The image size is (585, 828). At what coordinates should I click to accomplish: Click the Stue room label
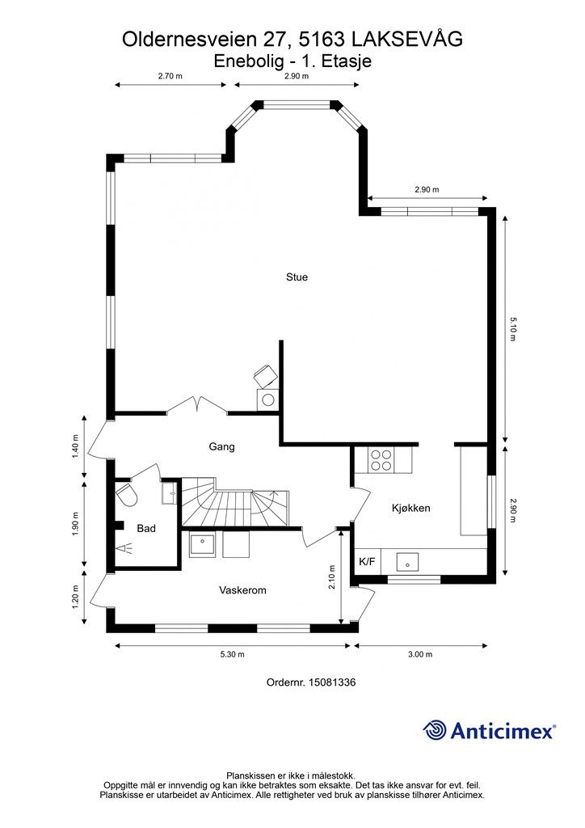tap(297, 277)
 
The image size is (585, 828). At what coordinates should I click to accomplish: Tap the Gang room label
tap(221, 446)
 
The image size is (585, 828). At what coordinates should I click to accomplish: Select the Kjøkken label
tap(411, 508)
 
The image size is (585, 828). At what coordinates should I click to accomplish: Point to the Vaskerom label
tap(242, 590)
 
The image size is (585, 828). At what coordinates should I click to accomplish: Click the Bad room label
tap(146, 528)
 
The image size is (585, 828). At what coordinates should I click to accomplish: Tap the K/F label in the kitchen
tap(367, 561)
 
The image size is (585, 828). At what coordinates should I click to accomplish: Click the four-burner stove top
tap(381, 459)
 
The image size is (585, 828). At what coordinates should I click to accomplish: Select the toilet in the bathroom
tap(127, 494)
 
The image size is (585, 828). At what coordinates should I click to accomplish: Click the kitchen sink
tap(407, 562)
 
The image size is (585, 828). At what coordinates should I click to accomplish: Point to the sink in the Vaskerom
tap(202, 544)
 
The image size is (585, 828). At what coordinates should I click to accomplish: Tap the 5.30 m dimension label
tap(232, 654)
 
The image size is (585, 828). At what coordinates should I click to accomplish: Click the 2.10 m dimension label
tap(332, 577)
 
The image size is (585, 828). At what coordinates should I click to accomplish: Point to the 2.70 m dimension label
tap(170, 75)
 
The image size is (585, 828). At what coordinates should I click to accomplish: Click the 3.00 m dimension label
tap(420, 654)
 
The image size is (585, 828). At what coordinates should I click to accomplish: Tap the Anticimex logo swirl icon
tap(435, 730)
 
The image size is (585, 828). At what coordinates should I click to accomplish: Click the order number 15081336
tap(331, 682)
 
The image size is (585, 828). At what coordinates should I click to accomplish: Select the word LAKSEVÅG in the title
tap(406, 39)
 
